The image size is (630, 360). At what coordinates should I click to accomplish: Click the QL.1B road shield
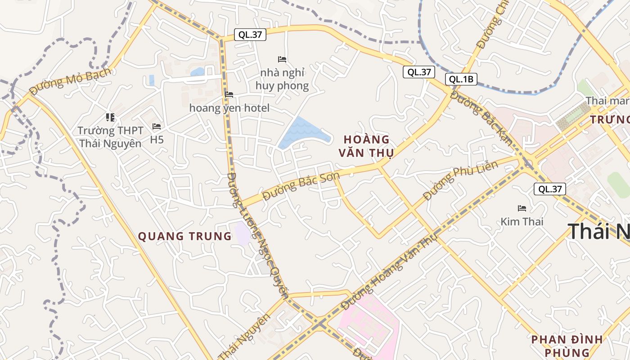[461, 80]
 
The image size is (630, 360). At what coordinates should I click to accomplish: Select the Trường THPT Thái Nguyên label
[110, 137]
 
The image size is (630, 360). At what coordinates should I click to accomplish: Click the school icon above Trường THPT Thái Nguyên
[110, 118]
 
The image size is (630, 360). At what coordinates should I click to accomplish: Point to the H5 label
[157, 140]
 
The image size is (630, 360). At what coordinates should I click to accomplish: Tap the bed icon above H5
[157, 126]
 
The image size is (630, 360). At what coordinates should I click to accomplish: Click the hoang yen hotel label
[229, 108]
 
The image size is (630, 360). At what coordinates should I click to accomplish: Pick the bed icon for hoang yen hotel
[229, 94]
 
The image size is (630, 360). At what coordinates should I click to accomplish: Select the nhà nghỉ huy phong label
[282, 79]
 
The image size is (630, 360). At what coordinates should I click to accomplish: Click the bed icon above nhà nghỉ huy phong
[282, 59]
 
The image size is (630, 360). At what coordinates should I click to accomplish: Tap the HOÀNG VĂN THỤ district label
[366, 146]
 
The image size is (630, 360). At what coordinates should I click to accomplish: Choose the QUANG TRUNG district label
[184, 236]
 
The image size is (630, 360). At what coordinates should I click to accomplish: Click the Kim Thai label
[522, 221]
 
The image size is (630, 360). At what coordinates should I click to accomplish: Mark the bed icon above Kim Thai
[522, 208]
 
